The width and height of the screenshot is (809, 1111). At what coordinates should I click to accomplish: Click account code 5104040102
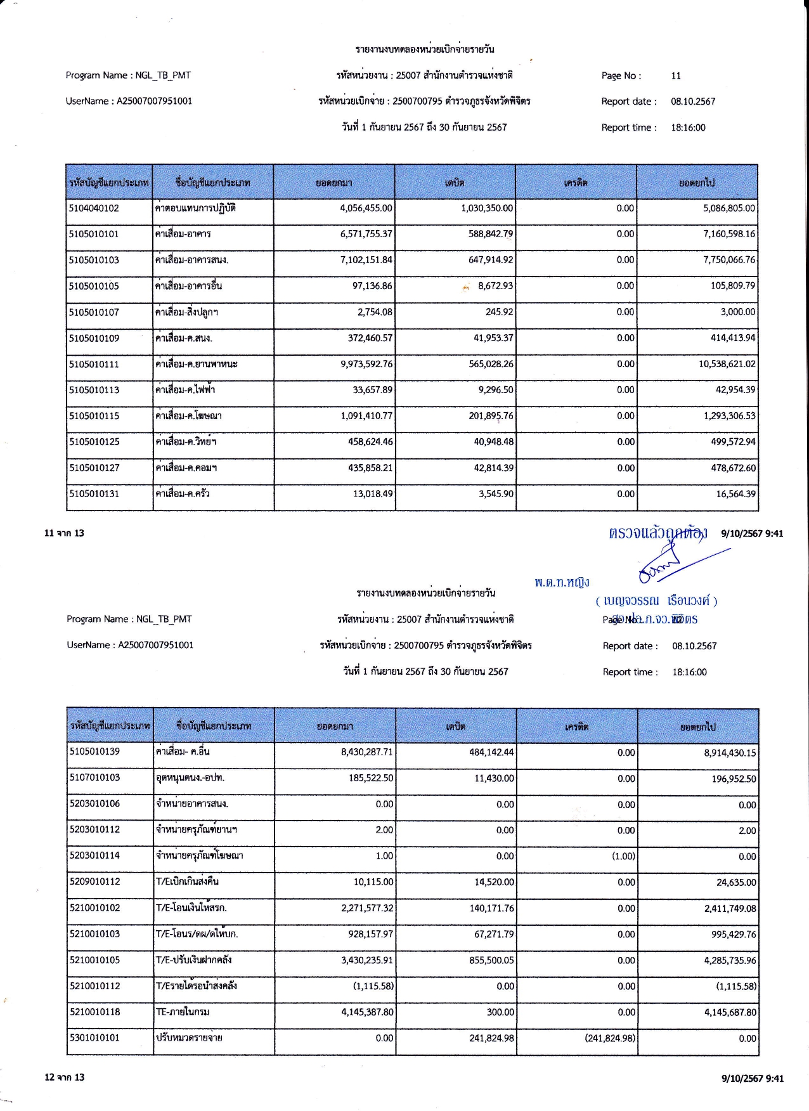tap(94, 209)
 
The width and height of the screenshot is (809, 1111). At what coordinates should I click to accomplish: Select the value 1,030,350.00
tap(487, 209)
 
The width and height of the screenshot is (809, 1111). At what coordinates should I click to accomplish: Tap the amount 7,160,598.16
tap(729, 234)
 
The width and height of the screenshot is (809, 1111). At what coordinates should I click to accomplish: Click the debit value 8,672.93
tap(495, 286)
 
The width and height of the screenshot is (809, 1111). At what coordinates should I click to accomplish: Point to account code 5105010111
tap(94, 365)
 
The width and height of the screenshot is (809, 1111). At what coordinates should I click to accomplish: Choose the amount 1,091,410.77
tap(366, 417)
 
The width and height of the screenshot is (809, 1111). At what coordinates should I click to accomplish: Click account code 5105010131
tap(94, 494)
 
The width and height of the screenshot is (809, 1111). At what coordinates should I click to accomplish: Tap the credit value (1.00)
tap(623, 856)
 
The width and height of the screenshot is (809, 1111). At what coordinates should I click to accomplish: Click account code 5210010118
tap(94, 1012)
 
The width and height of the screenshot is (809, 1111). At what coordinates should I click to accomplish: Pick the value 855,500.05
tap(491, 961)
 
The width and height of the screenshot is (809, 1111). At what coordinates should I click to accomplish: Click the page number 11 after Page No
tap(676, 76)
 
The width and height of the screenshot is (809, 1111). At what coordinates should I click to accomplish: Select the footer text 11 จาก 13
tap(64, 533)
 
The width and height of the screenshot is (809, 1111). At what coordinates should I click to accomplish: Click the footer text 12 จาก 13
tap(64, 1077)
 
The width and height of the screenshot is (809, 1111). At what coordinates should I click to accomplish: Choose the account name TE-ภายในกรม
tap(183, 1012)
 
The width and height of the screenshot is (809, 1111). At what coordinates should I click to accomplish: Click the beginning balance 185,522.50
tap(370, 778)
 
